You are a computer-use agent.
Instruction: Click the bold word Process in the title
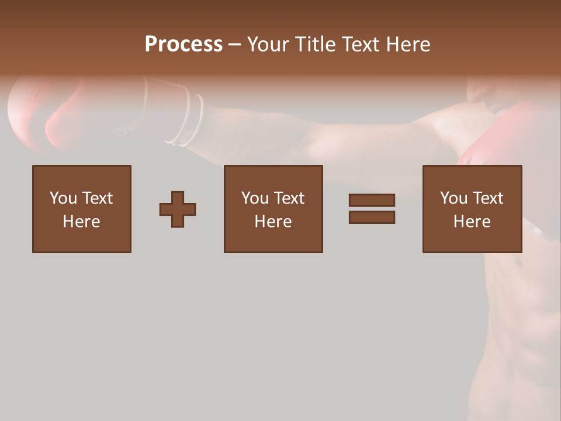(x=183, y=44)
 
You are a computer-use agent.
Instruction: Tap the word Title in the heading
(x=316, y=44)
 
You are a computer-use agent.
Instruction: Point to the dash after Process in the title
(x=235, y=45)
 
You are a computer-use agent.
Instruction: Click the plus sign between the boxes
(x=178, y=209)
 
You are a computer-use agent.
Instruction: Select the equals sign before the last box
(x=372, y=209)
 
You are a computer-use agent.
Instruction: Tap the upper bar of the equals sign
(x=372, y=200)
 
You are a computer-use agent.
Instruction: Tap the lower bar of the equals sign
(x=372, y=218)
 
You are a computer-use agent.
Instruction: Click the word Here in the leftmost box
(x=82, y=222)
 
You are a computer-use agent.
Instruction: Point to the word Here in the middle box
(x=273, y=222)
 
